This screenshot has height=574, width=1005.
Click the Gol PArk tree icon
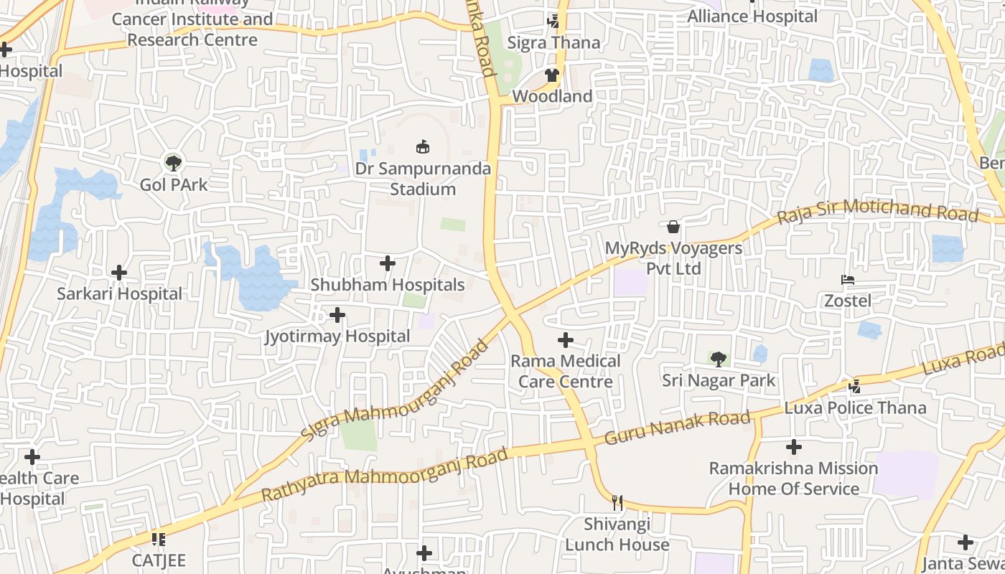point(173,162)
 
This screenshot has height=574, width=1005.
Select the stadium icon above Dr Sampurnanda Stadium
point(423,147)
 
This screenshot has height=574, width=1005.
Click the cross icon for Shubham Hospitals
point(388,263)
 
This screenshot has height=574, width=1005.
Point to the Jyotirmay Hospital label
point(337,336)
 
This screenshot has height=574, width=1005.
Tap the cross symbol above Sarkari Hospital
point(119,273)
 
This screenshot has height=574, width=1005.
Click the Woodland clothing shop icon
point(551,75)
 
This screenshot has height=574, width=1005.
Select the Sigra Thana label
point(553,43)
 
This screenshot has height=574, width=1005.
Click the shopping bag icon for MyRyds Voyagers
point(673,227)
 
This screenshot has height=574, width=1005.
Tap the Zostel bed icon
point(848,279)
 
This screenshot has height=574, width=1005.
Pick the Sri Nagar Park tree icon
point(719,359)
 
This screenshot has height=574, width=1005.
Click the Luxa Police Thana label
point(855,408)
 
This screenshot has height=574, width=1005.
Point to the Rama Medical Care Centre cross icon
point(566,339)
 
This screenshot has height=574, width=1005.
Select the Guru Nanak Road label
point(678,428)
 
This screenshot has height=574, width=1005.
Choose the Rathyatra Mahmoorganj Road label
point(385,475)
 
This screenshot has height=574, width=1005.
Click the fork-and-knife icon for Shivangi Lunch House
point(617,502)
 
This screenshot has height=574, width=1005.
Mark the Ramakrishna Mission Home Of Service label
point(793,479)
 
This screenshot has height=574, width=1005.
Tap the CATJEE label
point(159,560)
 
